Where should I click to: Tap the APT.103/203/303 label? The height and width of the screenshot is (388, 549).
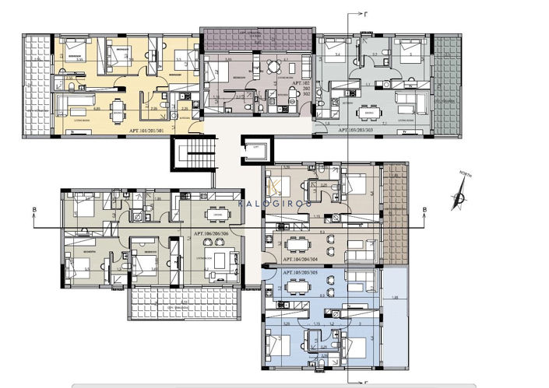tap(365, 132)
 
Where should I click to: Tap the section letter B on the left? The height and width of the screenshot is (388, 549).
tap(34, 210)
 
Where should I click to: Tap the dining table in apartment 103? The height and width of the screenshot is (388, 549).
tap(370, 112)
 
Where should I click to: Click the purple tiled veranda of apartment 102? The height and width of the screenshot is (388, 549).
tap(258, 39)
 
